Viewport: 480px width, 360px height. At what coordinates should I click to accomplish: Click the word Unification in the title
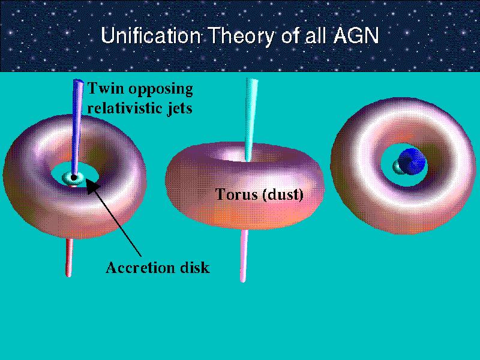151,35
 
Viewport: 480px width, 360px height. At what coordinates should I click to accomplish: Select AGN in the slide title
355,35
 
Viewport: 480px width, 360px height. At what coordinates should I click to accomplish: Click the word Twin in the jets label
106,88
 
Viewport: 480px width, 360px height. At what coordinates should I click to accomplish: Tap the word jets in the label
181,109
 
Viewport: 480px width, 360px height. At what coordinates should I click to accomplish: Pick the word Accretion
139,268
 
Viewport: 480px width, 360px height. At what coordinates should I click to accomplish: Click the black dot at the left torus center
73,177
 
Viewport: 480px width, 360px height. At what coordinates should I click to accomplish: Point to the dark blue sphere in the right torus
412,161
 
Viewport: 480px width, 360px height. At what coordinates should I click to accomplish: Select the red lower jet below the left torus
69,257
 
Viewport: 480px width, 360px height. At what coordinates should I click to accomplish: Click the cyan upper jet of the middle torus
251,119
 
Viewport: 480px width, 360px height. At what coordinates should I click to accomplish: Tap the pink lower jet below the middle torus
244,256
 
